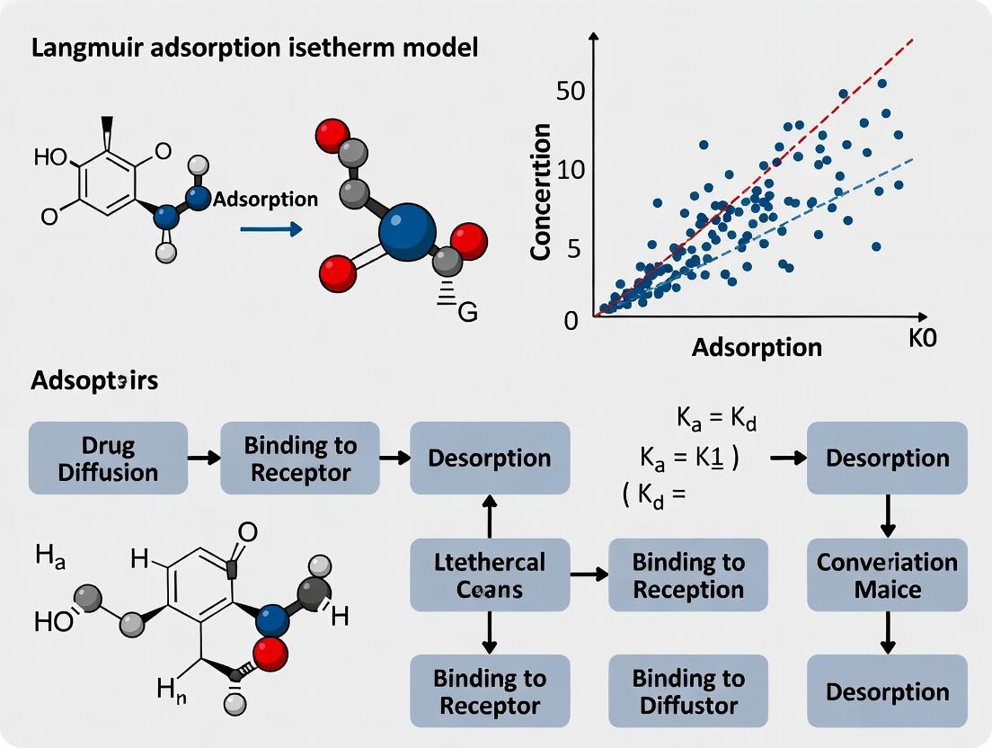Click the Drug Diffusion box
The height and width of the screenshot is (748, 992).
108,459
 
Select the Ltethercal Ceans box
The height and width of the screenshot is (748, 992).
490,575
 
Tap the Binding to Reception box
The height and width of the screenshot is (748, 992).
688,575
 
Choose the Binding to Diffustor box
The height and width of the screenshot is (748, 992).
688,690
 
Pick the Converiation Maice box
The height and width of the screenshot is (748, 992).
887,575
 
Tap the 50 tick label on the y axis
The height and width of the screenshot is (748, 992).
571,91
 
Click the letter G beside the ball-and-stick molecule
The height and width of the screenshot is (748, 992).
467,312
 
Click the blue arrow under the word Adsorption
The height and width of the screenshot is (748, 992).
270,229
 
